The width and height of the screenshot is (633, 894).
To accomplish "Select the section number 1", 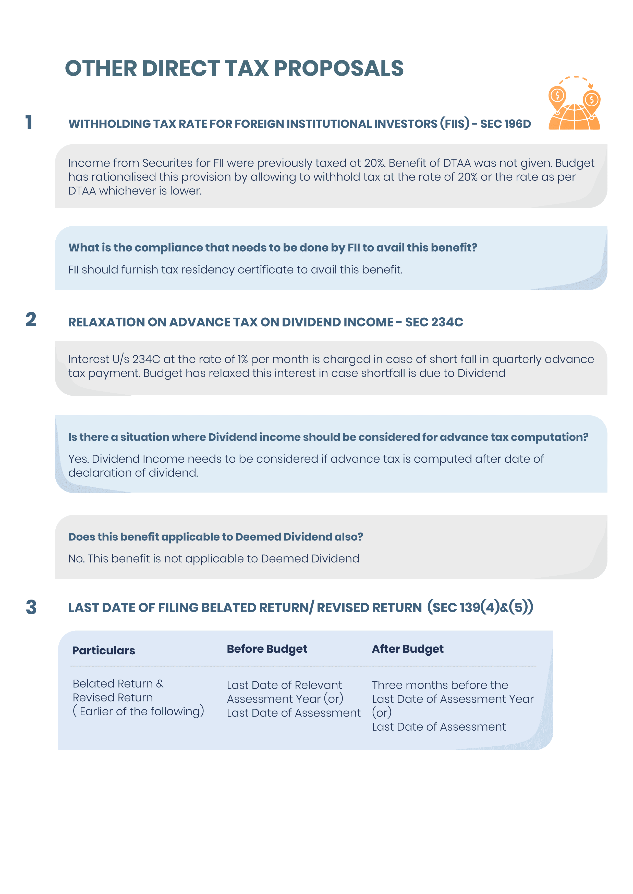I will pos(29,122).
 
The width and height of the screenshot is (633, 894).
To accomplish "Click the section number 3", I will pos(31,607).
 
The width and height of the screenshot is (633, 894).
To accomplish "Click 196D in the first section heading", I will pos(516,124).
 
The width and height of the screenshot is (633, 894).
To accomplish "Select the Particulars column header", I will pos(104,650).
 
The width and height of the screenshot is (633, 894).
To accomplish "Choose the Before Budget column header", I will pos(267,649).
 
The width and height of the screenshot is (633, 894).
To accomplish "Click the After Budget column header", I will pos(407,649).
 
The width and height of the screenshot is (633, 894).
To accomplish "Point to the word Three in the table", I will pos(386,685).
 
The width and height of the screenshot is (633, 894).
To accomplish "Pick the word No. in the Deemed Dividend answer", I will pos(76,559).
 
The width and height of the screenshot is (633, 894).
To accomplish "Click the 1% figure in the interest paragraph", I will pos(242,359).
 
